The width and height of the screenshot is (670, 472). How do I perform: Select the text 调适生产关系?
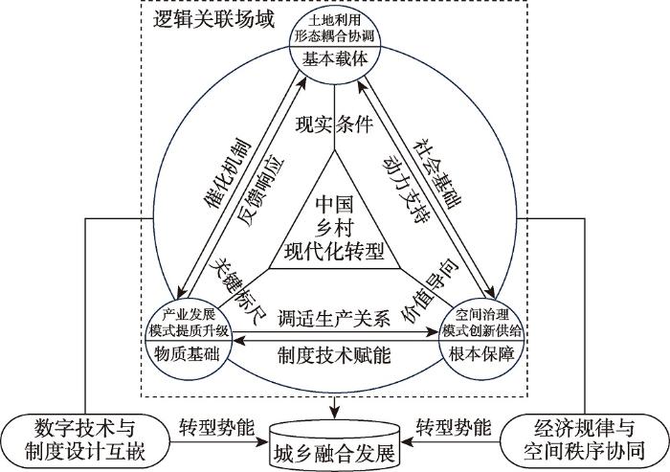[334, 317]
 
